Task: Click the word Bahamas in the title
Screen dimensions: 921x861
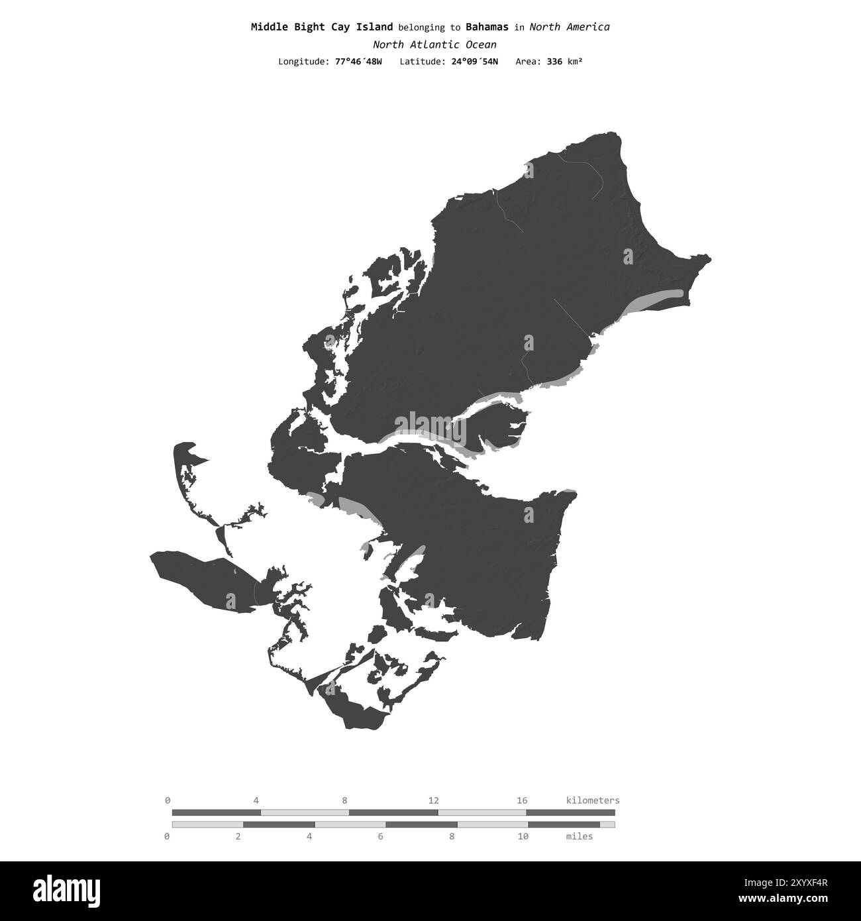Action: pos(487,27)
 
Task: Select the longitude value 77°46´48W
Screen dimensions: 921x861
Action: pos(358,62)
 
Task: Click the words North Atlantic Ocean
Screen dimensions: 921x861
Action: pos(434,44)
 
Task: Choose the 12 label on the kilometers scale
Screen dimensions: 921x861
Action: pos(433,800)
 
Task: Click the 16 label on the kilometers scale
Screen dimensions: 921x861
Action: pos(522,800)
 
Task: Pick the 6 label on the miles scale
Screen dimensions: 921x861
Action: pos(380,836)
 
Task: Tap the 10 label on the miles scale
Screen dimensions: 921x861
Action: pos(523,836)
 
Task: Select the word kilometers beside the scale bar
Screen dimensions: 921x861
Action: pos(593,800)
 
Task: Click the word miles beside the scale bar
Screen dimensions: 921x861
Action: pos(580,836)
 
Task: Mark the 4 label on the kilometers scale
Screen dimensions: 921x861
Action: pos(256,800)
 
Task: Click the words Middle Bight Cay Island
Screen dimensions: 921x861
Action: pos(322,27)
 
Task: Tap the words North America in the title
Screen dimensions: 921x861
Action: pos(570,27)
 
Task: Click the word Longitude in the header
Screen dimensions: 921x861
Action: pos(303,62)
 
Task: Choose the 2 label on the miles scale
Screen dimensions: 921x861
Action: pos(238,836)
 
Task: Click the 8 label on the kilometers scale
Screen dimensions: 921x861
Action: pos(344,800)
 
